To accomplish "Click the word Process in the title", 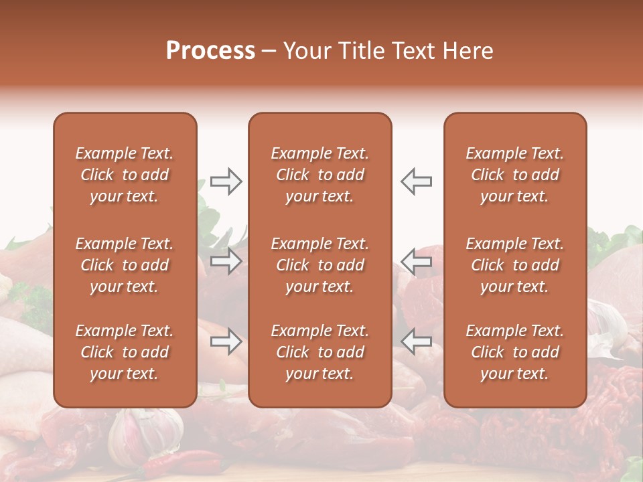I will tap(210, 51).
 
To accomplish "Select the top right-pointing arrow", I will tap(226, 181).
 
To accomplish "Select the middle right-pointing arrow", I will tap(226, 261).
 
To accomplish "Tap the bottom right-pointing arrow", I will tap(226, 342).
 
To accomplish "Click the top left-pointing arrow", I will tap(417, 181).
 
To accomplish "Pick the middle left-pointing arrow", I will tap(417, 261).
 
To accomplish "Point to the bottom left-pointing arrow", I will tap(417, 342).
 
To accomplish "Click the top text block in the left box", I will tap(125, 175).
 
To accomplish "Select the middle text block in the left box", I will tap(125, 265).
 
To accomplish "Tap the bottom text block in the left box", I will tap(125, 352).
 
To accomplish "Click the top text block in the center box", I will tap(320, 175).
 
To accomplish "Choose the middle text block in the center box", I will tap(320, 265).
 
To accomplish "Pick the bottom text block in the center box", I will tap(320, 352).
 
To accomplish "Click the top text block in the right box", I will tap(515, 175).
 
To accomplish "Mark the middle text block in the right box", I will tap(515, 265).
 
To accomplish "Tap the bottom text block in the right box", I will tap(515, 352).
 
